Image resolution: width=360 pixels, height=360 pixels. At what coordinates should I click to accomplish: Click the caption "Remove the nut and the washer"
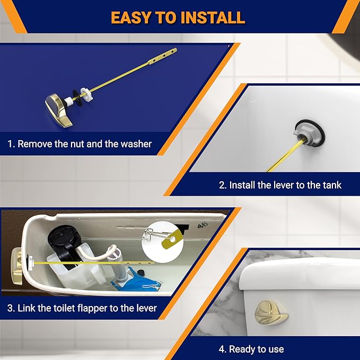point(80,144)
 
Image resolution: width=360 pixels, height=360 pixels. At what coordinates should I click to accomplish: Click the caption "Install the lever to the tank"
point(280,185)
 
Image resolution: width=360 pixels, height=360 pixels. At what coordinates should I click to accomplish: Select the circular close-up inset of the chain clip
point(160,241)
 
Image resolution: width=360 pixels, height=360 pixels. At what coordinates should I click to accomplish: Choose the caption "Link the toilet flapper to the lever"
point(82,308)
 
